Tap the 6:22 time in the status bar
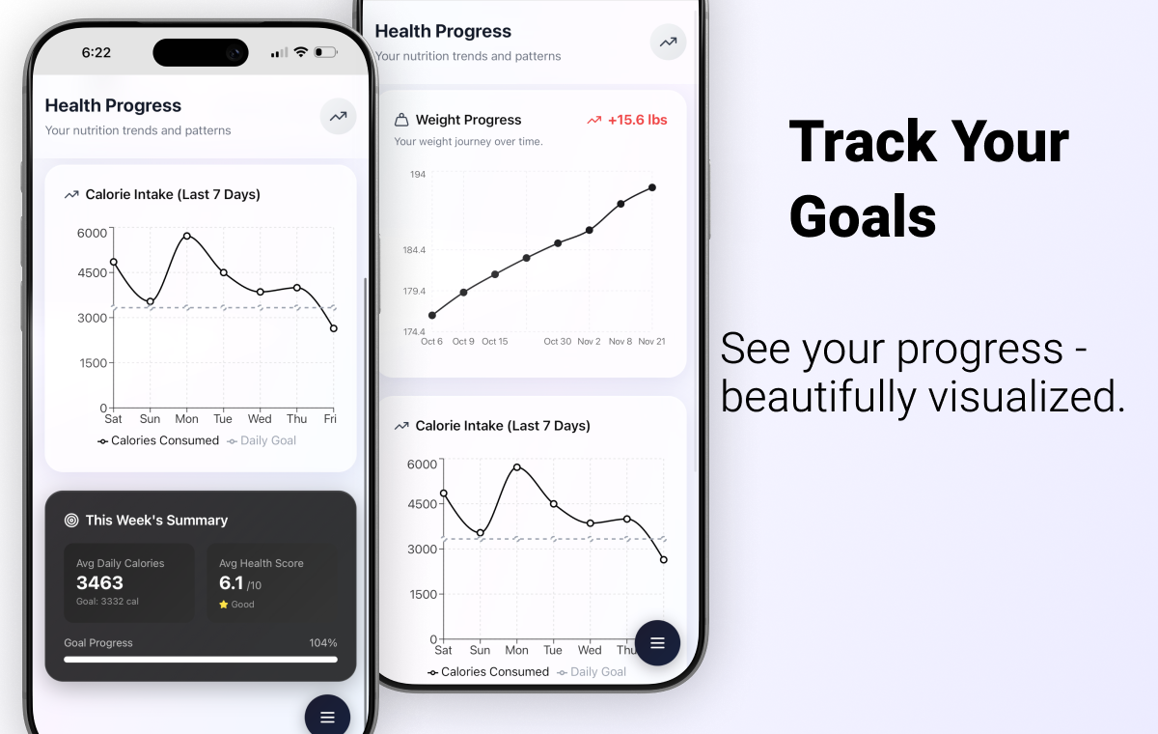[96, 53]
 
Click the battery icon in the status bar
[325, 52]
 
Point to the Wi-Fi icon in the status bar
[301, 52]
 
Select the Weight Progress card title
[468, 120]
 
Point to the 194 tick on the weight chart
[418, 175]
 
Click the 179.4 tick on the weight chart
[414, 292]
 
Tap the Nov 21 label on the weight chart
[651, 342]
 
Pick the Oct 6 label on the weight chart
[431, 342]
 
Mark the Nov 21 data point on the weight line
[652, 187]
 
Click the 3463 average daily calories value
[100, 582]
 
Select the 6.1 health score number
[232, 582]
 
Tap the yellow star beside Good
[224, 605]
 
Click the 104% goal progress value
[323, 643]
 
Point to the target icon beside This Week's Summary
[71, 521]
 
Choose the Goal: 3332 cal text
[108, 602]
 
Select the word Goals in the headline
[863, 216]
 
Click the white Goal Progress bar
[201, 660]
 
